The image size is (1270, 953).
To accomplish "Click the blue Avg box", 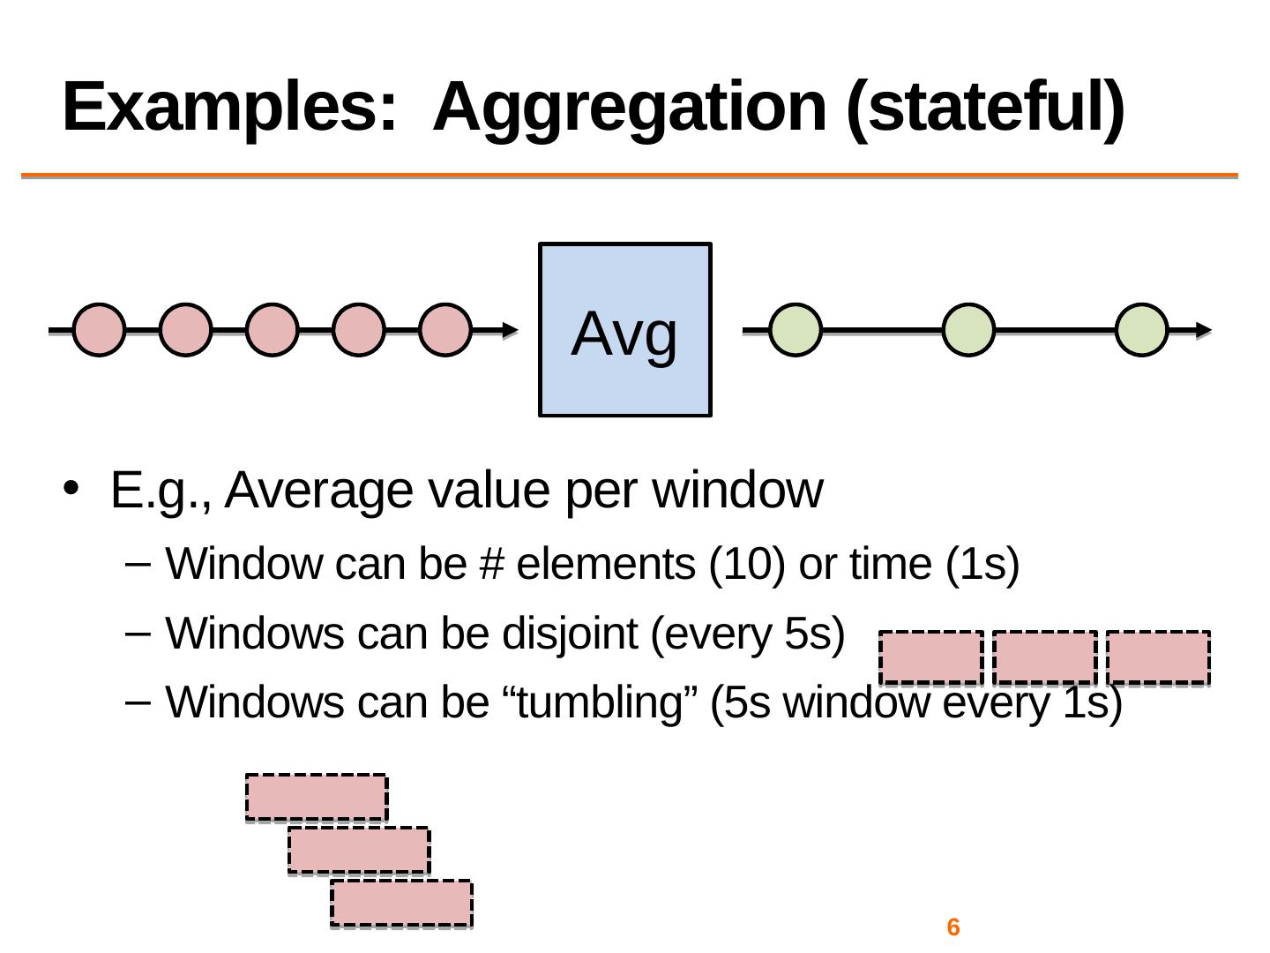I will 624,329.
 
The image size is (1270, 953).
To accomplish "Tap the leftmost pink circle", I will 99,330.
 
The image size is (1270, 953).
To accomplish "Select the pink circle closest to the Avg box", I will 444,330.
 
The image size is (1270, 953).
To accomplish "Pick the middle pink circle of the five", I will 272,330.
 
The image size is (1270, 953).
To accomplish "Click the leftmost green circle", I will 796,330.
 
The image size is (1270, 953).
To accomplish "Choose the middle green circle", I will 968,330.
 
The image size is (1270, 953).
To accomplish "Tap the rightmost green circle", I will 1141,330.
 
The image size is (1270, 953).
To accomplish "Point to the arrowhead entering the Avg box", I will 510,330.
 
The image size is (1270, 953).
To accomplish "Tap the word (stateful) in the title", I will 984,107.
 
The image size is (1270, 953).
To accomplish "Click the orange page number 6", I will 952,927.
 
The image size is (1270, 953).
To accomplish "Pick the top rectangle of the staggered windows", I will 316,798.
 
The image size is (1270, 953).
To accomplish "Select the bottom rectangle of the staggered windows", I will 401,904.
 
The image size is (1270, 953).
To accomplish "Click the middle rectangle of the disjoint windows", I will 1045,657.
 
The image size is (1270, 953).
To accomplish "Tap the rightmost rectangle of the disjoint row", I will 1158,657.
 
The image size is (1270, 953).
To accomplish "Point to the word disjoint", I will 570,634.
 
